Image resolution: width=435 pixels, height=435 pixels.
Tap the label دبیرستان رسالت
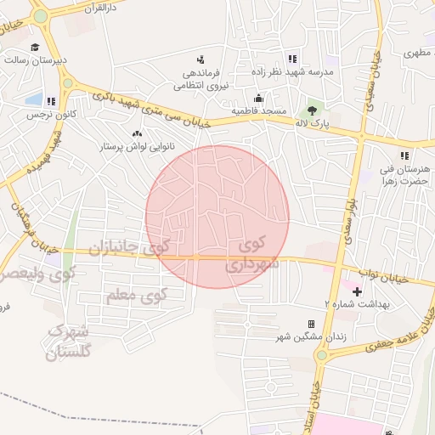pyautogui.click(x=30, y=61)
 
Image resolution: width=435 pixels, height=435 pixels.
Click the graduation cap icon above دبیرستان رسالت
pyautogui.click(x=35, y=48)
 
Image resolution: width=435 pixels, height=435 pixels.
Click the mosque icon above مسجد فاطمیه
pyautogui.click(x=258, y=97)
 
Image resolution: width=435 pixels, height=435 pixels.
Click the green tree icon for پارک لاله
pyautogui.click(x=313, y=110)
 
